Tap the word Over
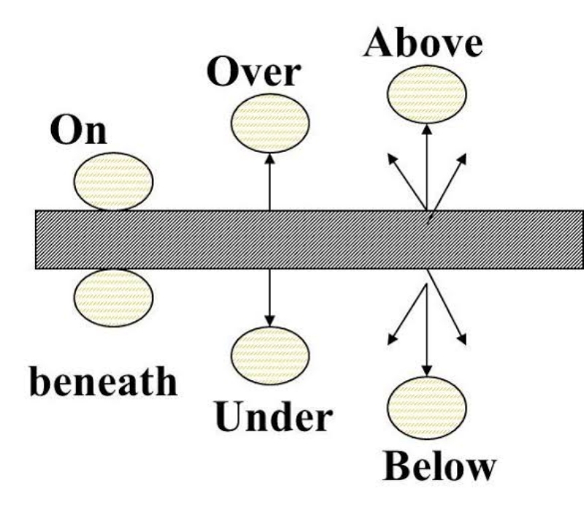253,74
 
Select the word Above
423,43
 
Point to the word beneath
103,382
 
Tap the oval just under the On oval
113,297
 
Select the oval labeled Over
271,124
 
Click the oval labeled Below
426,403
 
